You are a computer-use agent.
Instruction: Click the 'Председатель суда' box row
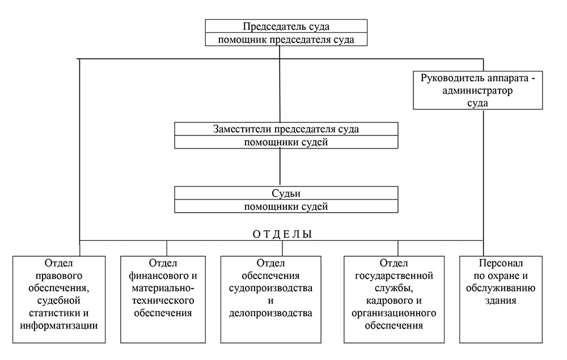282,27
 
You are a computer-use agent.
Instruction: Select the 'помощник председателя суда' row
282,39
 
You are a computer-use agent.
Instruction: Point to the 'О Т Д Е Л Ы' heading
281,234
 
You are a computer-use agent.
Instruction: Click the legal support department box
59,299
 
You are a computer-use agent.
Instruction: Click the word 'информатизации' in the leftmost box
58,325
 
